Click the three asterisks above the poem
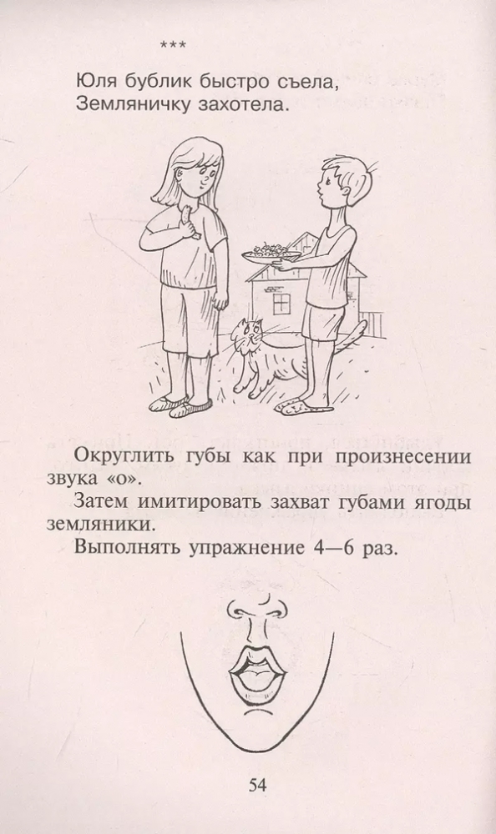click(173, 46)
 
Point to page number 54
click(257, 786)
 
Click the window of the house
click(281, 304)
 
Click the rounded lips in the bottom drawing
click(257, 671)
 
